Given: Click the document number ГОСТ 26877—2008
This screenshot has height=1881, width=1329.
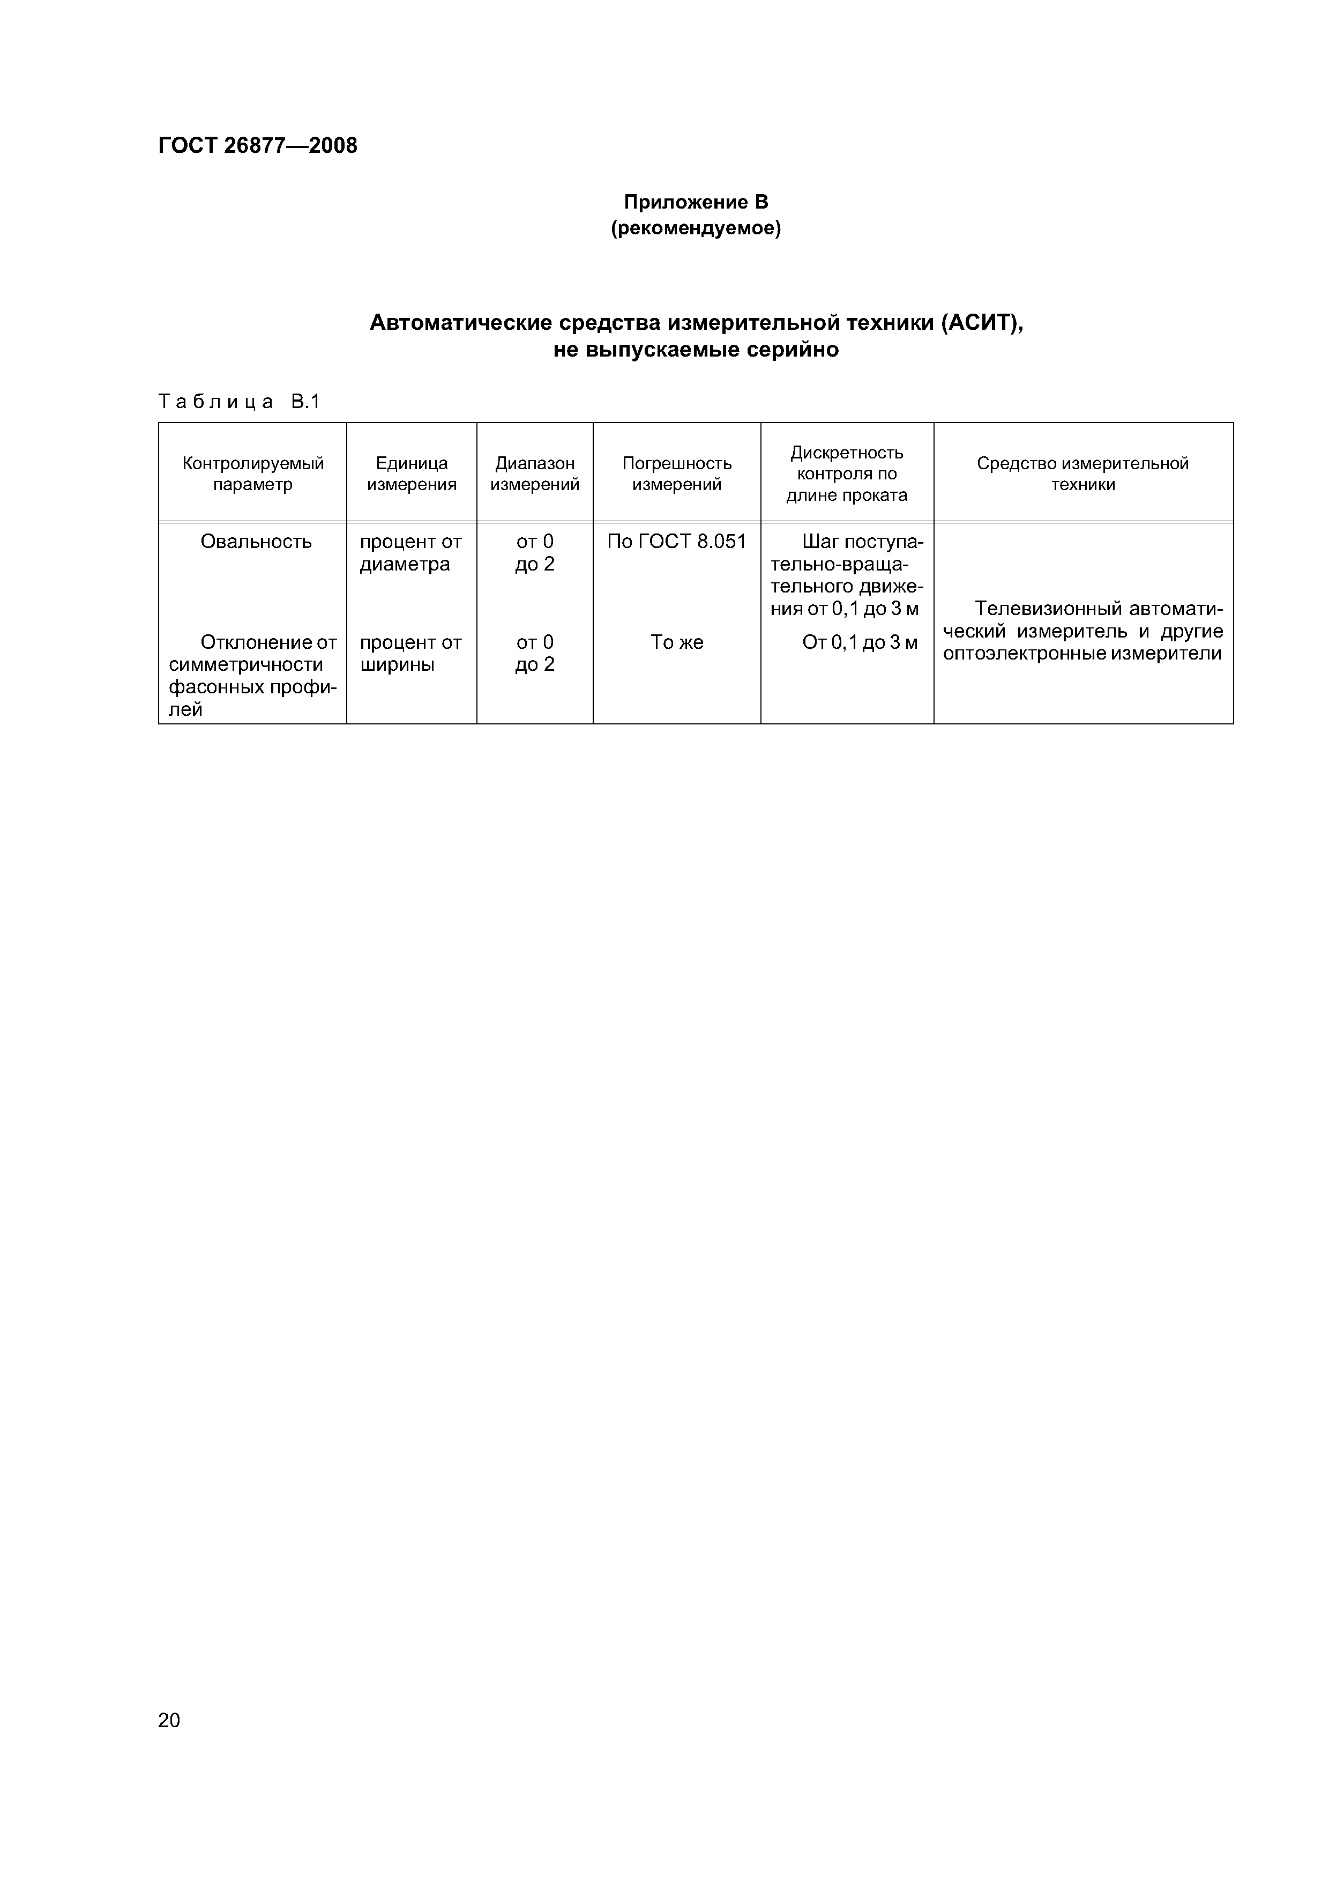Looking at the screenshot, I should point(257,146).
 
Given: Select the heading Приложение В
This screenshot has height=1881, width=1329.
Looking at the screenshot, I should point(696,202).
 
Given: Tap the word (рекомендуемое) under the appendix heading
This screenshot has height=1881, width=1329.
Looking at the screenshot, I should point(696,228).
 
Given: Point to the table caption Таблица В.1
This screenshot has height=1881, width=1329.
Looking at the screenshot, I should point(240,402).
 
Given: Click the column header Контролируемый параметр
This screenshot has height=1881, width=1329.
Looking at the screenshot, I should point(253,473).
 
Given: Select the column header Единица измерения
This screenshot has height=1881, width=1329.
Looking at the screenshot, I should point(411,473).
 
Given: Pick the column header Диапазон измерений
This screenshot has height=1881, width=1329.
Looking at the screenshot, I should point(535,473).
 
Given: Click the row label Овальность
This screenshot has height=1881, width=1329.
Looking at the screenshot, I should point(256,542).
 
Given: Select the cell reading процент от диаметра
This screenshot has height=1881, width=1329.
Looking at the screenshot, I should point(410,553).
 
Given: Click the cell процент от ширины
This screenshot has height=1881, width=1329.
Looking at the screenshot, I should point(410,653).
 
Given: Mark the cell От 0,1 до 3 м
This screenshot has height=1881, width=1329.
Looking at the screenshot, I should point(860,642).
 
